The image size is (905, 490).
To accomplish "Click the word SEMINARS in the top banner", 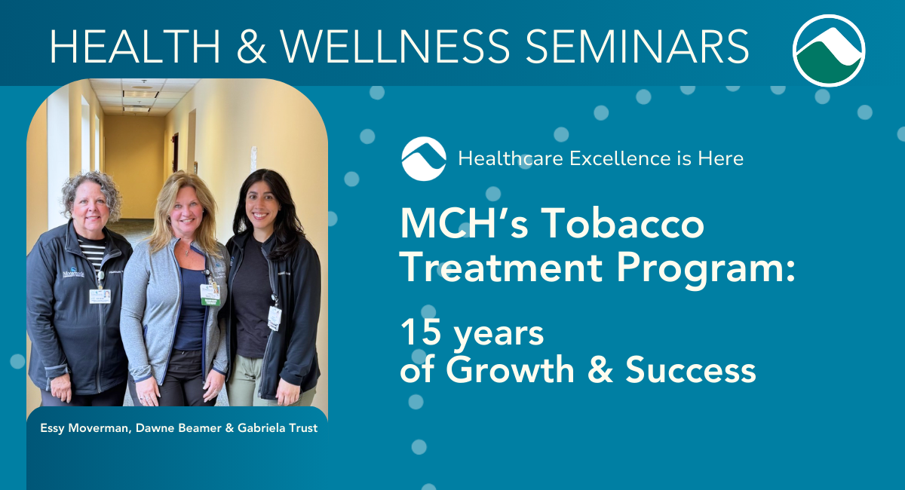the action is pyautogui.click(x=637, y=47).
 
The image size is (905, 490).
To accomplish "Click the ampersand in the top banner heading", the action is pyautogui.click(x=251, y=47).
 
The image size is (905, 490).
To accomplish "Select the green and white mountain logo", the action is pyautogui.click(x=829, y=51).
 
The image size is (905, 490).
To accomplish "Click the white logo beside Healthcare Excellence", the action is pyautogui.click(x=424, y=159).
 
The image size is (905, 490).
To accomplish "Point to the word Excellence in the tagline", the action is pyautogui.click(x=620, y=158).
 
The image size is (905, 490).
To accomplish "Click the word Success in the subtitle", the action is pyautogui.click(x=691, y=369).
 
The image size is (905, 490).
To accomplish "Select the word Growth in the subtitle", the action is pyautogui.click(x=510, y=369).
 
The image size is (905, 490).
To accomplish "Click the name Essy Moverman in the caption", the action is pyautogui.click(x=86, y=428).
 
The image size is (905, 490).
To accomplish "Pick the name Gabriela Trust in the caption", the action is pyautogui.click(x=278, y=428).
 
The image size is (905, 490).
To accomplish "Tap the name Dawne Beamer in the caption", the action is pyautogui.click(x=178, y=428).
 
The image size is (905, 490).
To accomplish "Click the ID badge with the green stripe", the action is pyautogui.click(x=210, y=296).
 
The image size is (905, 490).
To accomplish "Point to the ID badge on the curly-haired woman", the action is pyautogui.click(x=100, y=296).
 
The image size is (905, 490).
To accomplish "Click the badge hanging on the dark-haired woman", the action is pyautogui.click(x=275, y=318).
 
